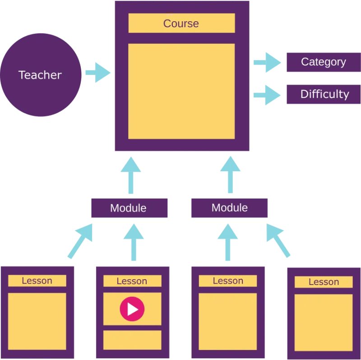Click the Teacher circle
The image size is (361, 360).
tap(41, 75)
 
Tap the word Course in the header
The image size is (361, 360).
tap(181, 23)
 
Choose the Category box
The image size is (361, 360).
tap(323, 62)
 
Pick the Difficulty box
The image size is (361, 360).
tap(323, 94)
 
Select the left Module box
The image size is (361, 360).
tap(129, 208)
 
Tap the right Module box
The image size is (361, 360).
tap(229, 208)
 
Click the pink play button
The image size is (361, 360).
tap(132, 309)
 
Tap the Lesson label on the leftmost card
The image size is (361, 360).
tap(37, 281)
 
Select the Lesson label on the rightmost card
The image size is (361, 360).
tap(324, 282)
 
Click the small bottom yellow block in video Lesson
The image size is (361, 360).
tap(132, 340)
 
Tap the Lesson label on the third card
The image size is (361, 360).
tap(228, 281)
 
